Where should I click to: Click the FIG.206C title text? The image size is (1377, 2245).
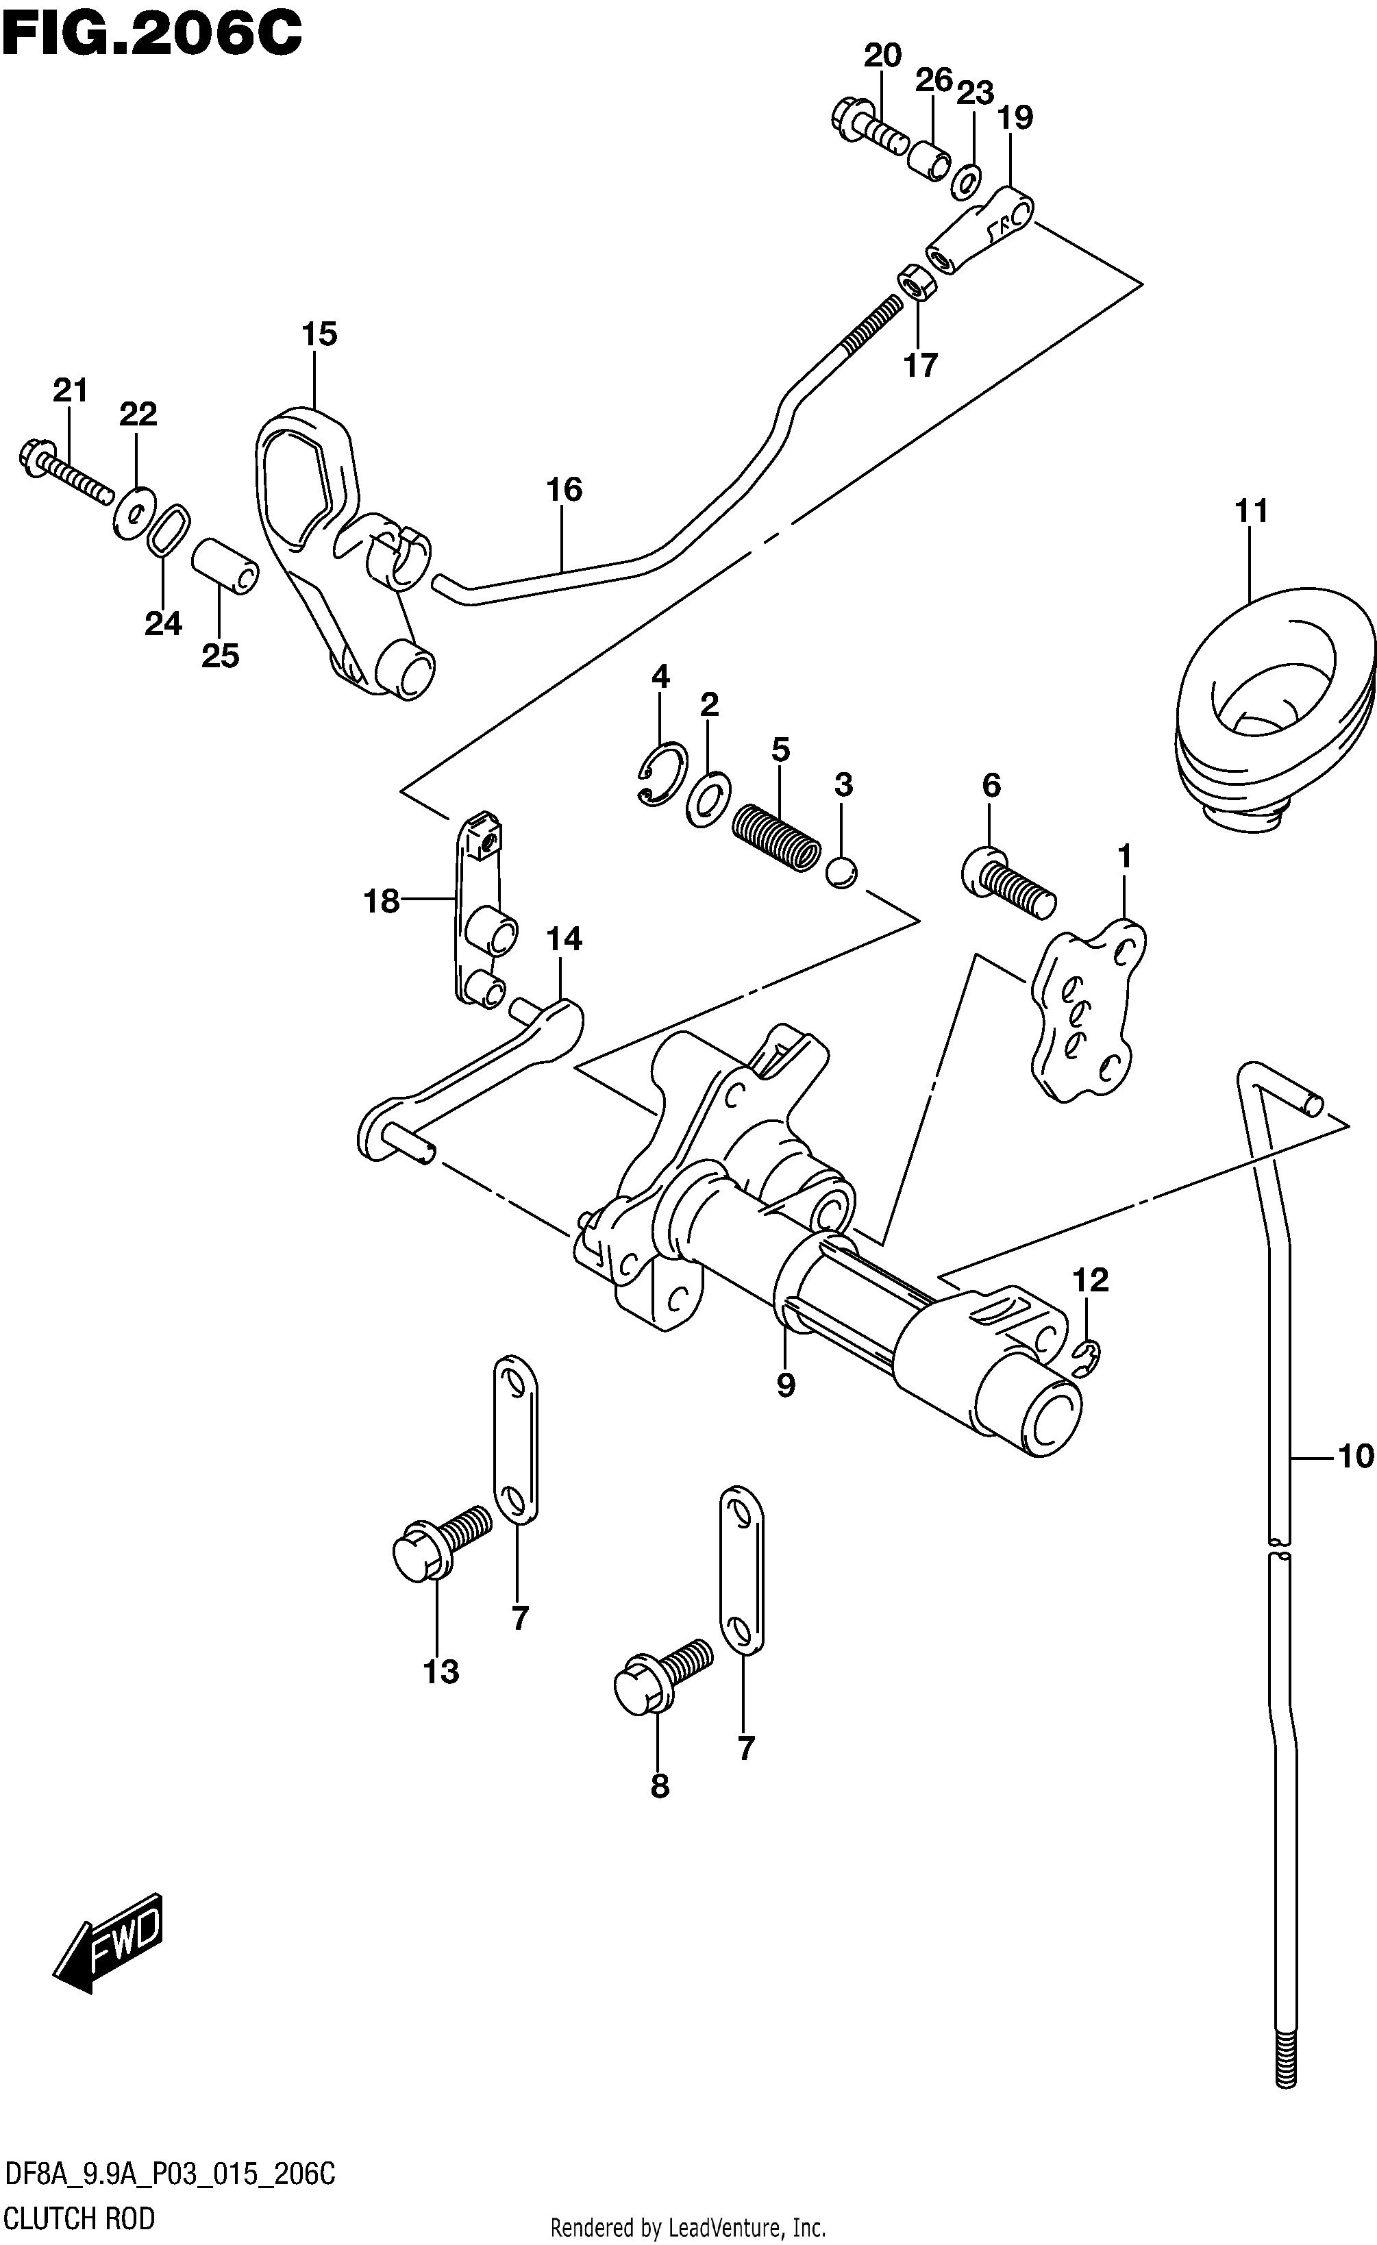[x=151, y=35]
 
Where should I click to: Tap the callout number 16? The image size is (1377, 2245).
[x=564, y=489]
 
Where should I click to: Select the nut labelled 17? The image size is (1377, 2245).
[x=915, y=285]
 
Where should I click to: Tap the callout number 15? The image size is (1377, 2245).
[x=319, y=334]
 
